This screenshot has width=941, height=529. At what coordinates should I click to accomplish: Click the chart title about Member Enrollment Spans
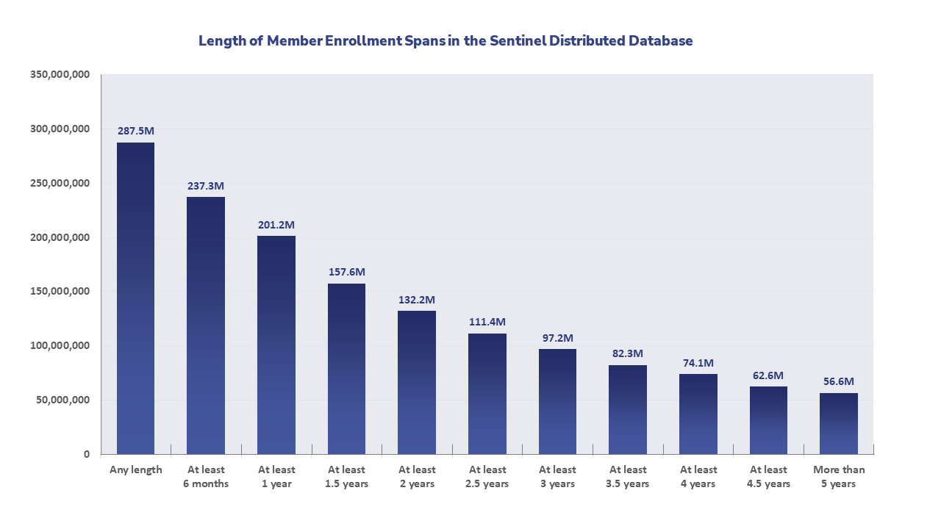tap(446, 41)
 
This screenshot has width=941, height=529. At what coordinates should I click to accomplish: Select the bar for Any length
tap(135, 298)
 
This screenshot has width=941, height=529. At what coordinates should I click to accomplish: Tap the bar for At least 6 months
tap(206, 325)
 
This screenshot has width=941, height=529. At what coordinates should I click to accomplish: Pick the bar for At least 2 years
tap(417, 382)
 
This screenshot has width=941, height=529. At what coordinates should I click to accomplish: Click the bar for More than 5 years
tap(839, 423)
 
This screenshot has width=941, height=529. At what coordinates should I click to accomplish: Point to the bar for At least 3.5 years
tap(628, 409)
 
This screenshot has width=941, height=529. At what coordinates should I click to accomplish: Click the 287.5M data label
tap(135, 131)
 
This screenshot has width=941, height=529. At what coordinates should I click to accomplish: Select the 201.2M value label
tap(276, 225)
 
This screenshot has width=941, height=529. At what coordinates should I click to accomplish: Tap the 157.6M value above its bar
tap(346, 272)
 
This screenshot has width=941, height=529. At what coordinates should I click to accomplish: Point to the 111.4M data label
tap(487, 323)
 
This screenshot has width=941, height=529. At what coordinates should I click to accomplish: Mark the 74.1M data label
tap(698, 363)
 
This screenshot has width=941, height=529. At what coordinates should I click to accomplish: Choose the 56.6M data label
tap(839, 382)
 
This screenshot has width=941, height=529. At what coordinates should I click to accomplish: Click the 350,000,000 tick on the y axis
tap(60, 74)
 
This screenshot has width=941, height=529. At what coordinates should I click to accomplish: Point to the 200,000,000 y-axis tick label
tap(60, 237)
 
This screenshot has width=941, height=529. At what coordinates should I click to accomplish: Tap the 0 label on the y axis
tap(86, 454)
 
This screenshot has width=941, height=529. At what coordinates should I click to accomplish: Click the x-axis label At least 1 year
tap(276, 476)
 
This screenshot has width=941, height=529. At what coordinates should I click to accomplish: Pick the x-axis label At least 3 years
tap(557, 476)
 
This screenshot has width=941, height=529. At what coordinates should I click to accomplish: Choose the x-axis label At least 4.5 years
tap(768, 476)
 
